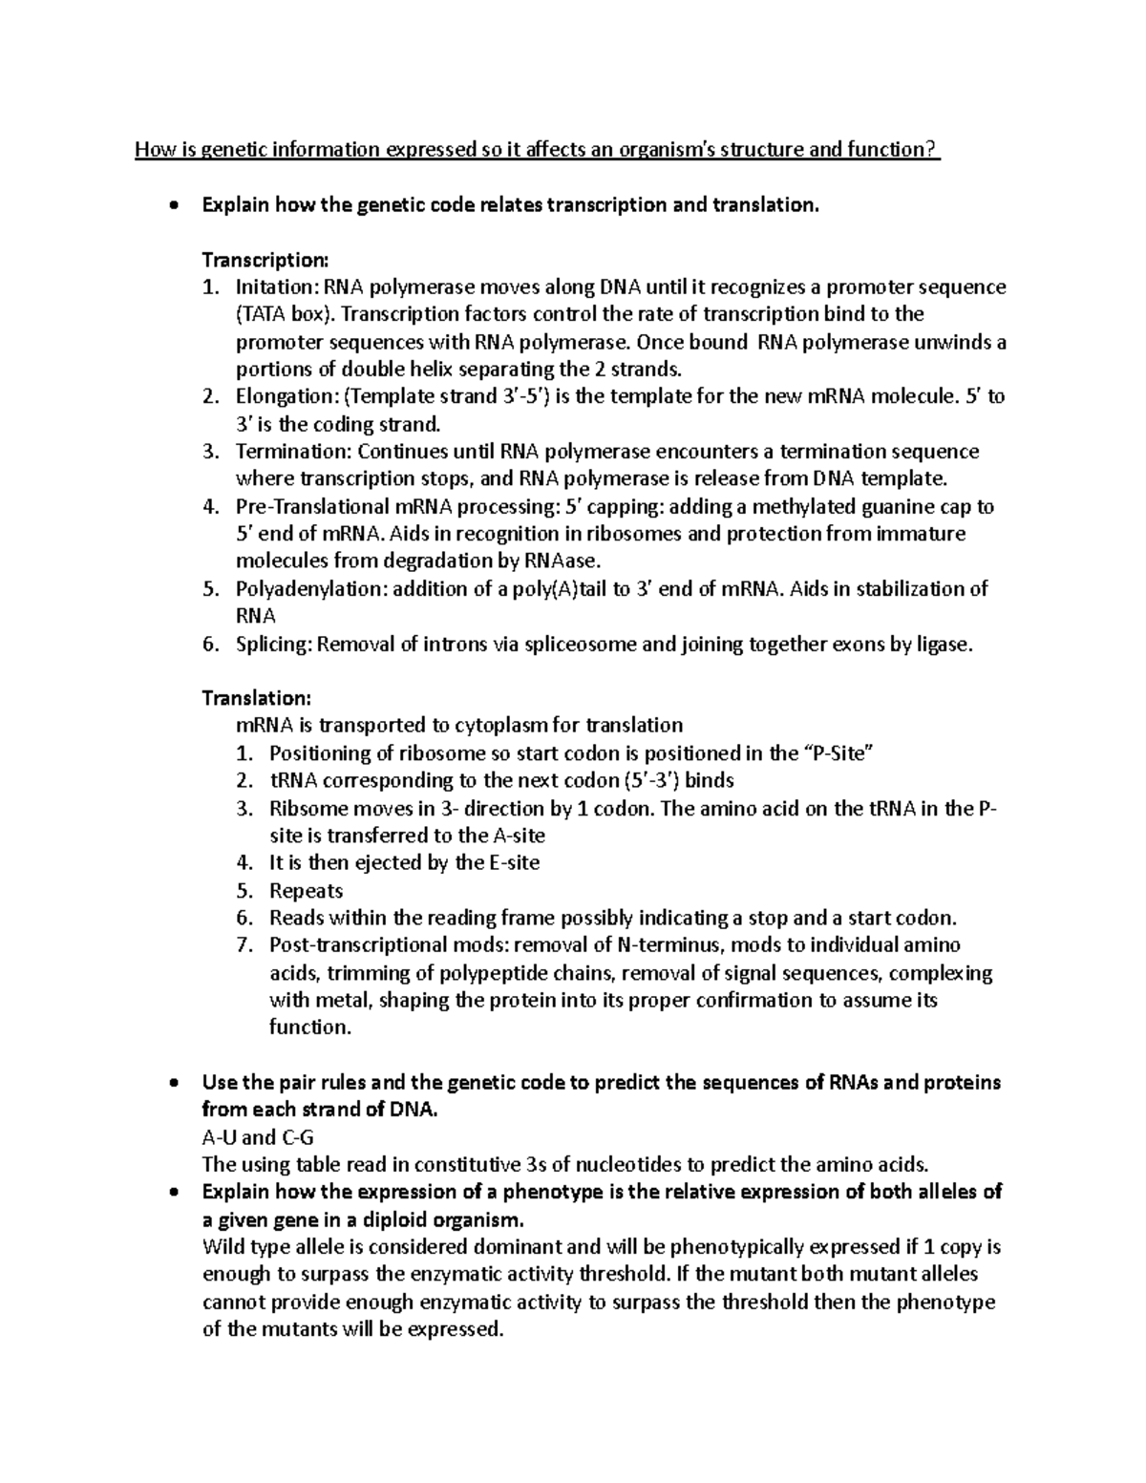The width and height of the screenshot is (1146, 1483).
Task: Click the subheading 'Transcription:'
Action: coord(265,260)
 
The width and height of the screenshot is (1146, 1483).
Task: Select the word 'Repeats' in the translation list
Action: coord(306,891)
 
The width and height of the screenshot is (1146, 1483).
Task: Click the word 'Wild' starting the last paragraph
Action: coord(223,1247)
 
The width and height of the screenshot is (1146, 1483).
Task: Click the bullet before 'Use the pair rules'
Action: coord(171,1083)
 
